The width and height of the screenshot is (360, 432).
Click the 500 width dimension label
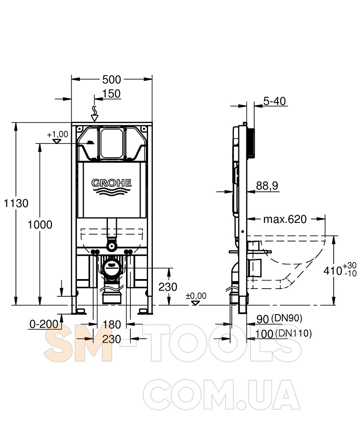point(111,79)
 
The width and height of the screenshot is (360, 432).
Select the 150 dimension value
point(111,94)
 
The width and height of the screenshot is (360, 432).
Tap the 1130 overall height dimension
point(16,203)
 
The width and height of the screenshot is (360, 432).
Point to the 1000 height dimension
point(40,225)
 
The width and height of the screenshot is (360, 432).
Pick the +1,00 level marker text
point(57,134)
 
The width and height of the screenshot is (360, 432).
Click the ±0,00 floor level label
point(196,296)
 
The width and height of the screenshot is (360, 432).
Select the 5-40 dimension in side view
point(275,101)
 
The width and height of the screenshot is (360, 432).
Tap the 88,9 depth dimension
point(267,186)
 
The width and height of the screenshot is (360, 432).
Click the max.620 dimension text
point(285,219)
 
